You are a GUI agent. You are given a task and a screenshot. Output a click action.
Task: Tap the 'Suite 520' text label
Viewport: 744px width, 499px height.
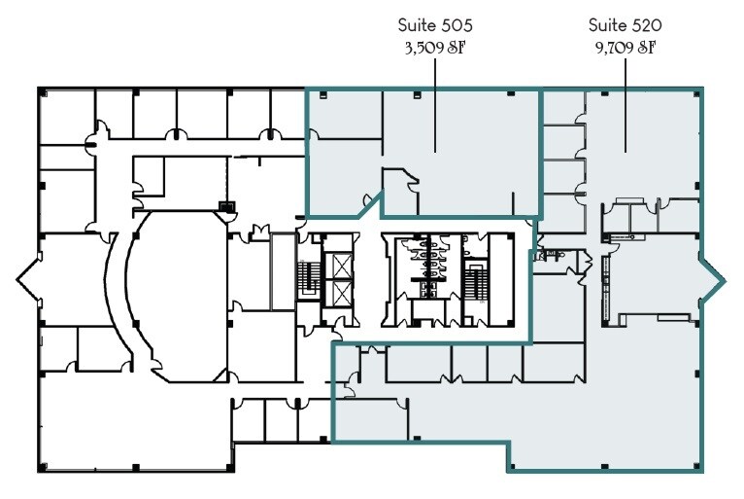625,25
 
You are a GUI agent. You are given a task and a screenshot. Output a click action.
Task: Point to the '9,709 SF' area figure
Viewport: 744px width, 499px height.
625,47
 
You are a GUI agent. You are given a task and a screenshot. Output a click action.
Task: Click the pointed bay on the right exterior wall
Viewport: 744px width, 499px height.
715,280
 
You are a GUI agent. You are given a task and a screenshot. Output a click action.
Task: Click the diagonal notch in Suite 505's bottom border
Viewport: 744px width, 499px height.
370,202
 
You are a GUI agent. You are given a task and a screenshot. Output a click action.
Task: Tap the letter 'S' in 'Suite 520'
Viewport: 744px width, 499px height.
593,25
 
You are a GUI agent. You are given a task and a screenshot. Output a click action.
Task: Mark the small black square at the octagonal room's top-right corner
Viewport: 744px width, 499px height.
227,206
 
